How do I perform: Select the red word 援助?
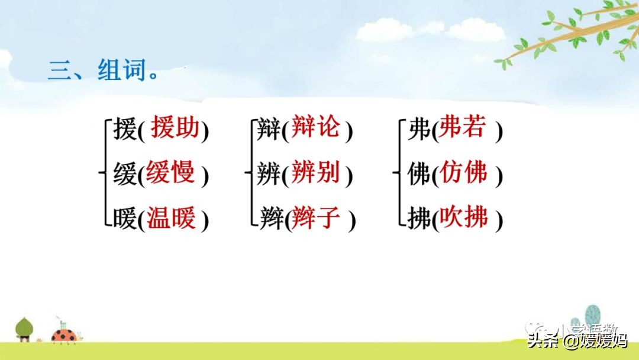[175, 128]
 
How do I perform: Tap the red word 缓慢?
[170, 173]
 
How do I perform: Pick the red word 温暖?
[170, 218]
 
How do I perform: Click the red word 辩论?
[316, 128]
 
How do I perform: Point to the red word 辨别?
[316, 173]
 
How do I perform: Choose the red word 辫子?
[317, 218]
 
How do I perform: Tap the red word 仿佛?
[463, 173]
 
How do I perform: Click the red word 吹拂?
[463, 218]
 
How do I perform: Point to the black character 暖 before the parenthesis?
[125, 220]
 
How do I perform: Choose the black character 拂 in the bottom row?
[419, 220]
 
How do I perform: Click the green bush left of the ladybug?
[24, 327]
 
